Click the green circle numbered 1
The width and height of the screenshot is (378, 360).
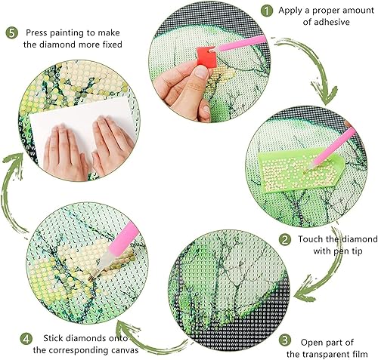click(x=267, y=11)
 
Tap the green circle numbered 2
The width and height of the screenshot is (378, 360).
click(x=285, y=240)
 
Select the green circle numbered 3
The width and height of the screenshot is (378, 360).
click(x=285, y=340)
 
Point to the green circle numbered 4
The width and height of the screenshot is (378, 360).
click(x=26, y=339)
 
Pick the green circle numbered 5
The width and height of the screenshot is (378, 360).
click(x=12, y=33)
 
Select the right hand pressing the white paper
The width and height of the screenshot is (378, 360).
click(x=112, y=143)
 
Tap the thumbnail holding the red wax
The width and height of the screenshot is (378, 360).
click(x=201, y=72)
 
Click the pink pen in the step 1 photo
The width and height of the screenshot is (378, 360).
click(x=240, y=44)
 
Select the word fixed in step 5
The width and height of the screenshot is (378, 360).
click(x=112, y=45)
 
